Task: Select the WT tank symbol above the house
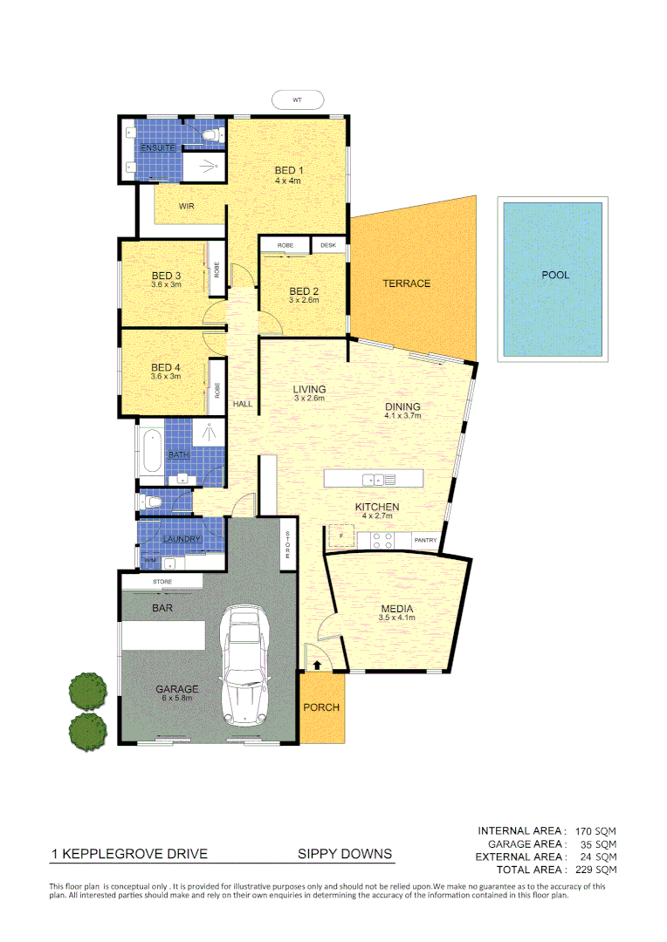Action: [298, 100]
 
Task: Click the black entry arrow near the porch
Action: [316, 666]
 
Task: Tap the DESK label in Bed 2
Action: [328, 246]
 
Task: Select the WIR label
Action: [186, 207]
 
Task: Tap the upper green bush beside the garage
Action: [86, 690]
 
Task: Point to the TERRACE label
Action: [406, 283]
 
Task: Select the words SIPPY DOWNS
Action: [345, 854]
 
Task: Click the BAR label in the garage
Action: [162, 608]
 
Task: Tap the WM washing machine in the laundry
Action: [149, 559]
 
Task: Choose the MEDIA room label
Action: [397, 609]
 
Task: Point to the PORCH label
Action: [321, 706]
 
